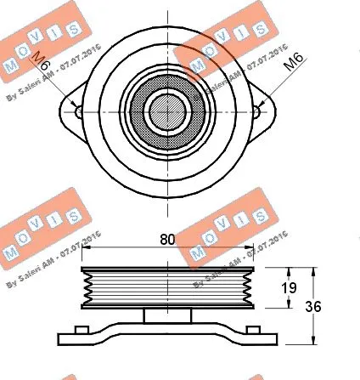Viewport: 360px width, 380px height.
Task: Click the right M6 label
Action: (291, 61)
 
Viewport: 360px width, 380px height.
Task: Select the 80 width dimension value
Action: (167, 240)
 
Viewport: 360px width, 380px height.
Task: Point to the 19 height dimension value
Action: (289, 289)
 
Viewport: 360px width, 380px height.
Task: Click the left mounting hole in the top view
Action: (77, 111)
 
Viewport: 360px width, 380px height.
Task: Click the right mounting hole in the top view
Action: (257, 111)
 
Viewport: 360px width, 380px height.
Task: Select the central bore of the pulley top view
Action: (167, 109)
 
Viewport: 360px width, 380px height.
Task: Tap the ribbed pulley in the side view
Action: (167, 287)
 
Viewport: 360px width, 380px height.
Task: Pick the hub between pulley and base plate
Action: (167, 315)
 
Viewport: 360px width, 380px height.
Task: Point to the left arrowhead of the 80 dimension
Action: (85, 248)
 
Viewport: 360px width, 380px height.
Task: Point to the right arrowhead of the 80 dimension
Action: (250, 248)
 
